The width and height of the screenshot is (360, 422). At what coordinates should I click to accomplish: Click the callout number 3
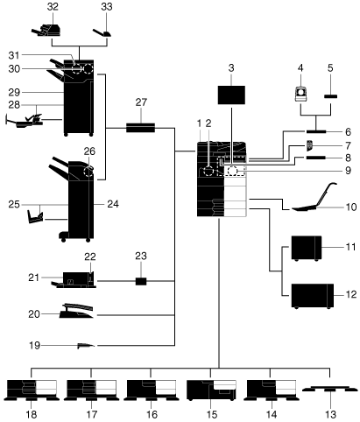point(231,68)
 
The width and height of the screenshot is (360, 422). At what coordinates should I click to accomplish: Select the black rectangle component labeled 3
point(231,95)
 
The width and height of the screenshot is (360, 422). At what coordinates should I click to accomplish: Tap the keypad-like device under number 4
point(300,95)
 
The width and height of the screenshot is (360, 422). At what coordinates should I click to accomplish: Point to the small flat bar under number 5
point(331,96)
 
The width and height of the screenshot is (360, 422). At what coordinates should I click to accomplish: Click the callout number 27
point(141,102)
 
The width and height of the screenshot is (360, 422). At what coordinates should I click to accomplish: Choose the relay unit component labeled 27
point(140,128)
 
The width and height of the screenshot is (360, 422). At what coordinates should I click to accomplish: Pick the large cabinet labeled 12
point(313,296)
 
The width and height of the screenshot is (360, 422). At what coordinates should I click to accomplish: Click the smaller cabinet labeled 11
point(307,248)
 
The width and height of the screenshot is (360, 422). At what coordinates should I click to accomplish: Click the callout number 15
point(212,414)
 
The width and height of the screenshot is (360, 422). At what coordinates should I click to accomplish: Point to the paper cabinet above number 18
point(32,390)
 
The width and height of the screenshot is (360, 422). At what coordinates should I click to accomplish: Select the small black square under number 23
point(141,281)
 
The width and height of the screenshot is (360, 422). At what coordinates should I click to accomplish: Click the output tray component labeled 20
point(76,311)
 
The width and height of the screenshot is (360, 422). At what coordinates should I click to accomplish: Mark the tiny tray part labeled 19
point(86,346)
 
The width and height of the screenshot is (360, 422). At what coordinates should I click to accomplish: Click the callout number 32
point(53,7)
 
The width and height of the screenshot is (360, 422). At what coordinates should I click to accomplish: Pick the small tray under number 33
point(102,32)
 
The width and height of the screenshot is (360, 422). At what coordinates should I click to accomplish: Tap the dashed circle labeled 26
point(88,172)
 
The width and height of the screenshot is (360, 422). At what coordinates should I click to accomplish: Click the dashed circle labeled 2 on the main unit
point(208,171)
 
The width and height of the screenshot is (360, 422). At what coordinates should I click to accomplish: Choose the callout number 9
point(348,171)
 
